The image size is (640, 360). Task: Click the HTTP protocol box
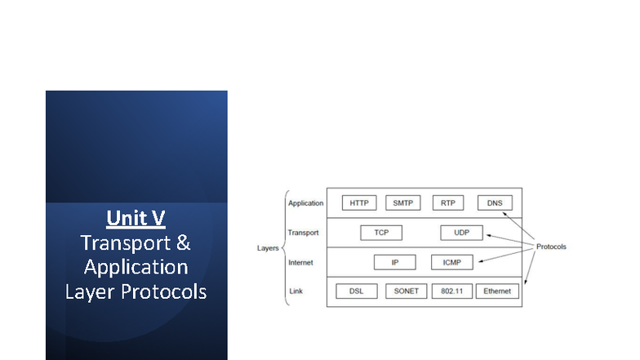[358, 203]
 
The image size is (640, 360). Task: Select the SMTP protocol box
[402, 203]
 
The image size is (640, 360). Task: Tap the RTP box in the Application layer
[448, 203]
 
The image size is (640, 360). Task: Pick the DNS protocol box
[494, 203]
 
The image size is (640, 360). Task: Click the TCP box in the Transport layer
[381, 233]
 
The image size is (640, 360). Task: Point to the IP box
[395, 262]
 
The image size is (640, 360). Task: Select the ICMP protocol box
[451, 262]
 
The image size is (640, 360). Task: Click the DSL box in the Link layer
[357, 291]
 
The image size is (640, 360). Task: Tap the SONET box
[406, 291]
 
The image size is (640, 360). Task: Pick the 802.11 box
[452, 291]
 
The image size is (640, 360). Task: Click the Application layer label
[306, 203]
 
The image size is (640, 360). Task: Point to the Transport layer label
[303, 233]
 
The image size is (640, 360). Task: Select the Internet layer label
[301, 262]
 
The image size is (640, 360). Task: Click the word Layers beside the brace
[268, 247]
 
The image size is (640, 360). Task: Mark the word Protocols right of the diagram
[550, 247]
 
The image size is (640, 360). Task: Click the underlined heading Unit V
[136, 219]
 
